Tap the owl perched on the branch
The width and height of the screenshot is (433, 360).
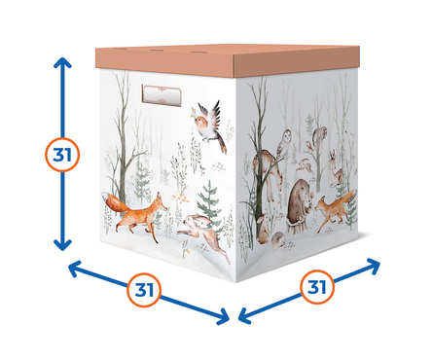(283, 144)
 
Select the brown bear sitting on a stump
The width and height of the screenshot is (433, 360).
(300, 206)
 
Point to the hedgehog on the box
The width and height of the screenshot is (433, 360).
(278, 240)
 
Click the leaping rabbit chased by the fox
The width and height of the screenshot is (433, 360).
(203, 235)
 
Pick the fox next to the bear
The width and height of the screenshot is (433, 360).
(335, 208)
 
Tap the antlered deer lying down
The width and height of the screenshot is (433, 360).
(336, 169)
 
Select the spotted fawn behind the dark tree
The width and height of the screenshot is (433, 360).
(268, 175)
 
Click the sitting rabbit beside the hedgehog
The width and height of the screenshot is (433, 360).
(264, 229)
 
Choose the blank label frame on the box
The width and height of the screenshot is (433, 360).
(162, 95)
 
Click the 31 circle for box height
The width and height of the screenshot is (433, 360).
(62, 155)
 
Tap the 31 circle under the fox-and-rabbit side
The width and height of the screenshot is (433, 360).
(144, 290)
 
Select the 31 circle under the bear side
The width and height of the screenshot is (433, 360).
(317, 287)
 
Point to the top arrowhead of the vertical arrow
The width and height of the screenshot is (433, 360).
(62, 63)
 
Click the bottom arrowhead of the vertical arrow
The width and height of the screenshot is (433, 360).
(62, 245)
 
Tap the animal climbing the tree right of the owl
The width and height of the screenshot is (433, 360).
(320, 136)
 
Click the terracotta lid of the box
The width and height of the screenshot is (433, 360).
(227, 60)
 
